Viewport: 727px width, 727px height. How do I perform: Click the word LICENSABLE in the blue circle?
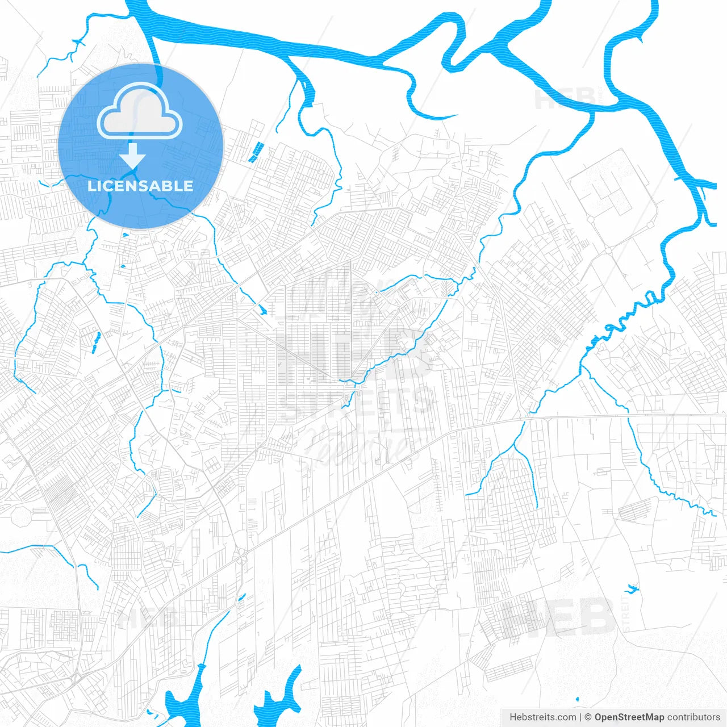coord(140,186)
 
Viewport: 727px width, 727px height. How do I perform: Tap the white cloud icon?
coord(140,112)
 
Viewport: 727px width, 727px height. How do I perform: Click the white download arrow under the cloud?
coord(132,155)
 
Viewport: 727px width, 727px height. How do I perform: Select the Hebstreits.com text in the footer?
coord(542,717)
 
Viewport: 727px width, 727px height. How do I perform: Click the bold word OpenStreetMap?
coord(629,717)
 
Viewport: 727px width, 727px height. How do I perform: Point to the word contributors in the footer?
coord(693,717)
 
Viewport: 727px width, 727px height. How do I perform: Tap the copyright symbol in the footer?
coord(588,717)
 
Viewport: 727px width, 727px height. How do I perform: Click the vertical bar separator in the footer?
coord(580,717)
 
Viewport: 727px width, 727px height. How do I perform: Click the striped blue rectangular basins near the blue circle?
coord(256,151)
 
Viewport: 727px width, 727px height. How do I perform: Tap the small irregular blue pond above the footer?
coord(630,588)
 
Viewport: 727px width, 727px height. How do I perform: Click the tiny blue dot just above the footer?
coord(577,699)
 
